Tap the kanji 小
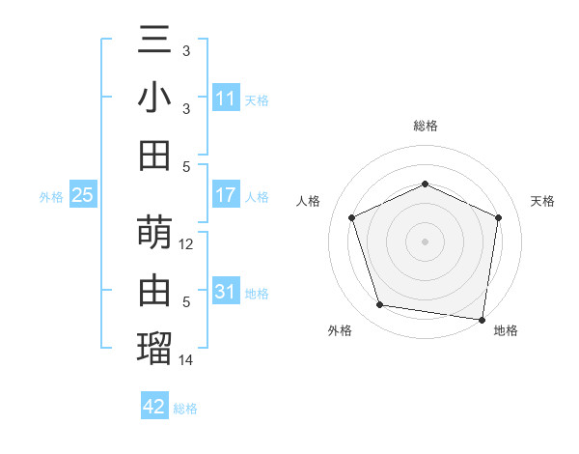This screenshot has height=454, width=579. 155,99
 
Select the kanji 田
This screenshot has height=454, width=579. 155,155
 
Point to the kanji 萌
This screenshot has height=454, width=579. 155,234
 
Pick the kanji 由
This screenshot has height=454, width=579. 155,290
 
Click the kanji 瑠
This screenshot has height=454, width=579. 155,346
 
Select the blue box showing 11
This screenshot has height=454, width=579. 226,99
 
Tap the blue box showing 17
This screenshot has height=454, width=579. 226,195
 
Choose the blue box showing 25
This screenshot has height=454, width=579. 83,195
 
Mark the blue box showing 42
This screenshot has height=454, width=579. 154,407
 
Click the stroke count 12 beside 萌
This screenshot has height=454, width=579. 187,245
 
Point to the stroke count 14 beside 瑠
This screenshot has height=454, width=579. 187,359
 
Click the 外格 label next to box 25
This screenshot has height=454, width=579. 51,197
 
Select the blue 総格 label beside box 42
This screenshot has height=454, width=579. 185,409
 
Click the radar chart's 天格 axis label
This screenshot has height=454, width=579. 542,201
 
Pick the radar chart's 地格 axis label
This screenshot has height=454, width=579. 506,330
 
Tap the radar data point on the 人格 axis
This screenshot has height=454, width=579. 351,216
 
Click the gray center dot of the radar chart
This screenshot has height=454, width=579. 425,241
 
